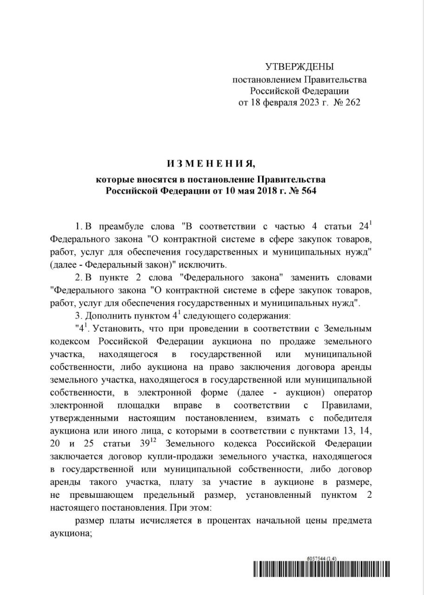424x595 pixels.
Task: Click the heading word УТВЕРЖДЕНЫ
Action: coord(299,67)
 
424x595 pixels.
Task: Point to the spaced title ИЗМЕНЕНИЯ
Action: coord(212,164)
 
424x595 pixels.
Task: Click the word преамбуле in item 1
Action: coord(122,227)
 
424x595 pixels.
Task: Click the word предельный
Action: coord(214,495)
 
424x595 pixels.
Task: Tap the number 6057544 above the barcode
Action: coord(316,558)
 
